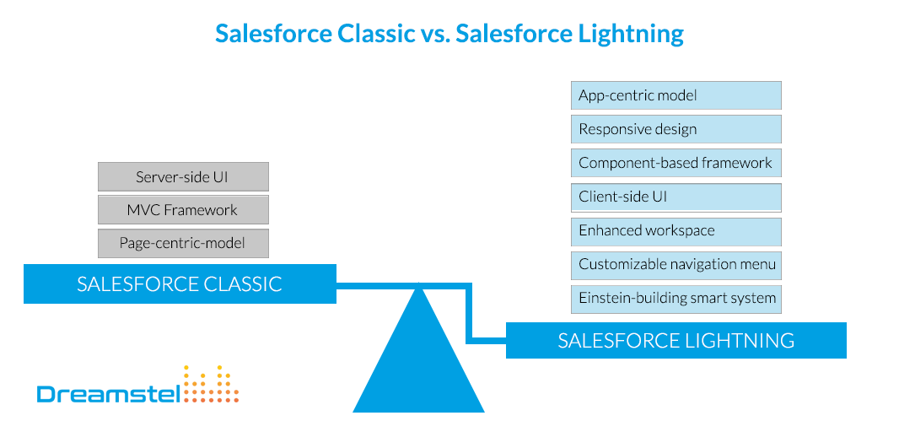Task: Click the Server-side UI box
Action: point(183,177)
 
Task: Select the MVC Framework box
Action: point(183,210)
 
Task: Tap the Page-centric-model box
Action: point(183,244)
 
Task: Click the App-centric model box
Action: point(676,95)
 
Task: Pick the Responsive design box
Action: point(676,129)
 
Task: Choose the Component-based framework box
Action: point(676,163)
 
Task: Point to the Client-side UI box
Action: point(676,197)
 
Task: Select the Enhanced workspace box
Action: point(676,231)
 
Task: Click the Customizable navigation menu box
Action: point(676,265)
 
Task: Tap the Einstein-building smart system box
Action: point(676,299)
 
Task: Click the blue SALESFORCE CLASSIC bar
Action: point(179,283)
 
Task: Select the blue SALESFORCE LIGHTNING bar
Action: point(676,341)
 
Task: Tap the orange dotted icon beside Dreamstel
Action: point(212,385)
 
